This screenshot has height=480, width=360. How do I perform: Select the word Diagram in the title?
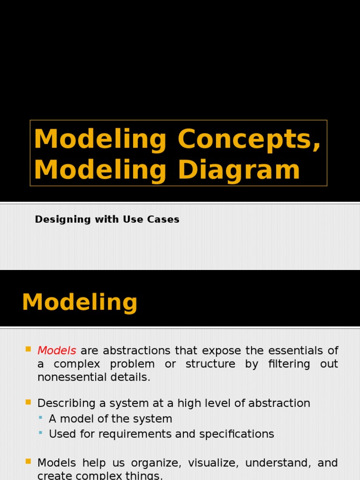point(239,170)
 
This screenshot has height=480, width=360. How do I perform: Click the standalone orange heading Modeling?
point(80,302)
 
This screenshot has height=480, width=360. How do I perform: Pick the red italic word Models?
point(57,351)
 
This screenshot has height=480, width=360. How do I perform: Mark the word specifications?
point(237,434)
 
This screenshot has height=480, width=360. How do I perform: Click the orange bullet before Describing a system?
point(29,402)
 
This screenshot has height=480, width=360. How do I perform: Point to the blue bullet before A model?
point(41,418)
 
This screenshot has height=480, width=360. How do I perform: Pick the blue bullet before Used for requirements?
point(41,433)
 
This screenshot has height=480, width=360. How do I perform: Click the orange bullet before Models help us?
point(29,462)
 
